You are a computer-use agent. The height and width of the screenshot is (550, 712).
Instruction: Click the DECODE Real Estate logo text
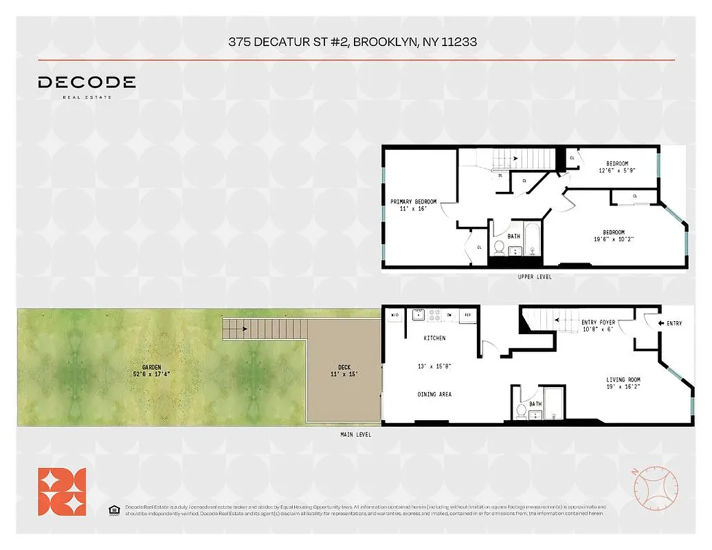click(87, 83)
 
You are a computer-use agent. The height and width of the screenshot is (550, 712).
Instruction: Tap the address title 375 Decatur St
click(353, 42)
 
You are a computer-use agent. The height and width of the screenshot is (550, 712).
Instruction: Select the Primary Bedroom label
click(413, 201)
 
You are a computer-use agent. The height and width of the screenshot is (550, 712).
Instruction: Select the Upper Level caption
click(535, 277)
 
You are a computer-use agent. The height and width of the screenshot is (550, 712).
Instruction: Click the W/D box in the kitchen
click(394, 315)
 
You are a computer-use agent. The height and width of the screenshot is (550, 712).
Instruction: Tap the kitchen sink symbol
click(418, 315)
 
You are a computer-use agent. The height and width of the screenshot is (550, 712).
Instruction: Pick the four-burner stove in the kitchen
click(434, 315)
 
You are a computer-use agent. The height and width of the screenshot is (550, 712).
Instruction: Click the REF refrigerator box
click(467, 315)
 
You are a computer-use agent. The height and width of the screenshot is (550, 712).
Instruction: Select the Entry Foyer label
click(597, 322)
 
